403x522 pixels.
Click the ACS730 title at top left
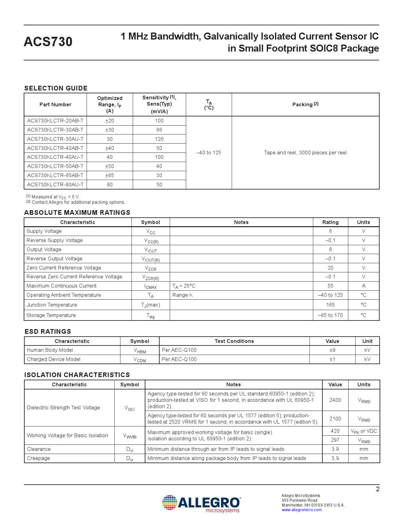(48, 42)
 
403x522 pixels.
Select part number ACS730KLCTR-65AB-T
(55, 175)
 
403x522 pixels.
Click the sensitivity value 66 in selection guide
(159, 130)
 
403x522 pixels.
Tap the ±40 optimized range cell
(110, 148)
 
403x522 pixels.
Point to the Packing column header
(305, 104)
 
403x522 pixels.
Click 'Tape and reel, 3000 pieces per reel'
(305, 153)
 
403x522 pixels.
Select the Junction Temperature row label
(52, 305)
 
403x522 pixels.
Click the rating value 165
(330, 305)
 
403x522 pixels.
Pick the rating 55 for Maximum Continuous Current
(330, 286)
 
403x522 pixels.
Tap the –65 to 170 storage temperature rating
(330, 315)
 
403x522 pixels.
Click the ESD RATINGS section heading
(48, 332)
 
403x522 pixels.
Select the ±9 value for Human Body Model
(332, 350)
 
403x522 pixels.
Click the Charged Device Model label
(54, 359)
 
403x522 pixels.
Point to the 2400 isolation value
(335, 400)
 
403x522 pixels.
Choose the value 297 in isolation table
(335, 440)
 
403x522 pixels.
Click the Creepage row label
(38, 458)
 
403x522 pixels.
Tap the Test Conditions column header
(234, 341)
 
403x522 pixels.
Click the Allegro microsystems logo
(202, 503)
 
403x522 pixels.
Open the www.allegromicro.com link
(302, 510)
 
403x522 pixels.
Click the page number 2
(377, 489)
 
